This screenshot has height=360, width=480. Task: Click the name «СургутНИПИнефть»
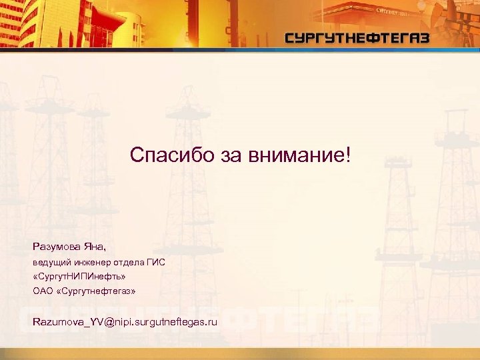tap(79, 276)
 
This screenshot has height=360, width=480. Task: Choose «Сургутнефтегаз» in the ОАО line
tap(97, 291)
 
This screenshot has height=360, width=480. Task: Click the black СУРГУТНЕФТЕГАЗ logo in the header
tap(357, 38)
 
